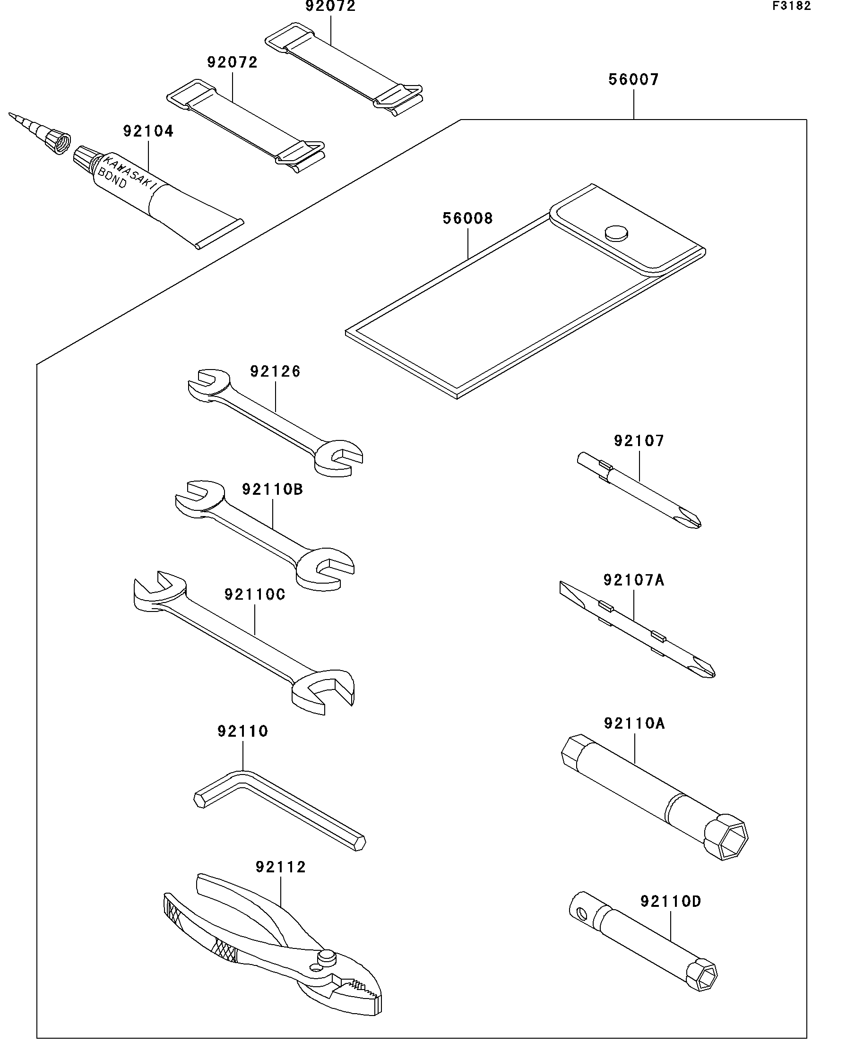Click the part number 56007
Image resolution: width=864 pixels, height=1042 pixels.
pos(633,80)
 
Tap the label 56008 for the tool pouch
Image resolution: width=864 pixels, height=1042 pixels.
pos(467,219)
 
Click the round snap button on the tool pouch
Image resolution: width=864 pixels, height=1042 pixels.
pos(616,233)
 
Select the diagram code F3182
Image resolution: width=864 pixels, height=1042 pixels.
pos(791,6)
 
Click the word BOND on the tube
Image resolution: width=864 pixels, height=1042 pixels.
pos(112,178)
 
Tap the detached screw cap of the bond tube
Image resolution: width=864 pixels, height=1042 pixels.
pos(59,142)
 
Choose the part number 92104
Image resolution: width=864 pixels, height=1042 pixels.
pos(148,131)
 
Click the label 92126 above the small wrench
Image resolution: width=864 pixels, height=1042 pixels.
pos(275,371)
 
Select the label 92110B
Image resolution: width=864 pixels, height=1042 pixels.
pos(272,490)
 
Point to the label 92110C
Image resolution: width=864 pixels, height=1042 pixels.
pos(255,594)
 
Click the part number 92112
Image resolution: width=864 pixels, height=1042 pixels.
pos(281,867)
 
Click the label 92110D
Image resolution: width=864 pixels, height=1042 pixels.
pos(671,902)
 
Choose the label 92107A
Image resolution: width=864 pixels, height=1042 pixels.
pos(633,580)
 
